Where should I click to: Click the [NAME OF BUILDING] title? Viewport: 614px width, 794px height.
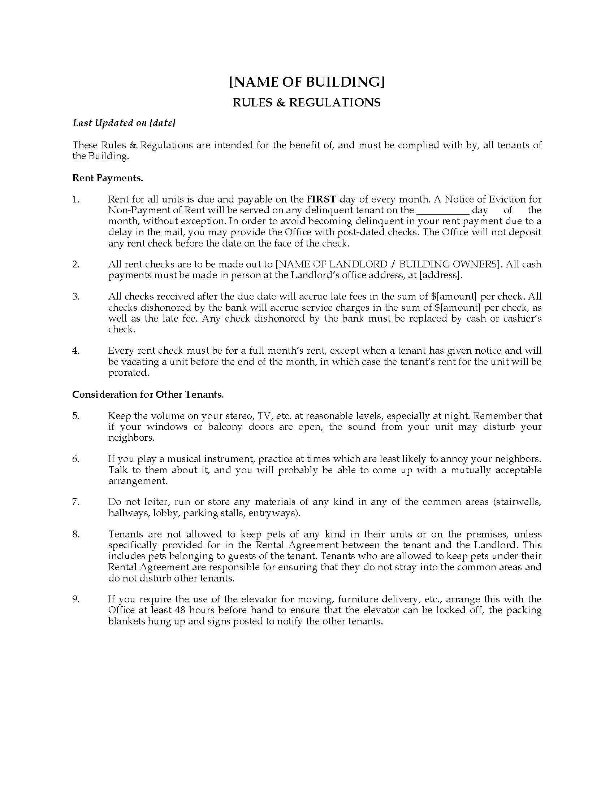[307, 82]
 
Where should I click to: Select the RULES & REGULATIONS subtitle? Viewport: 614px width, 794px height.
[307, 103]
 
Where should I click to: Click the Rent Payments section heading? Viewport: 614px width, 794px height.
[108, 178]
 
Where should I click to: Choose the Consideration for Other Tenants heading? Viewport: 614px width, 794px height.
[148, 394]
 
